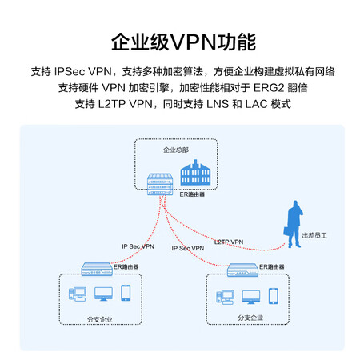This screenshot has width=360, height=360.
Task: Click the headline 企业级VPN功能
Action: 183,42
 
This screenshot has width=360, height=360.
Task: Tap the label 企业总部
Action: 176,150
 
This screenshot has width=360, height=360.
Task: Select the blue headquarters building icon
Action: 195,173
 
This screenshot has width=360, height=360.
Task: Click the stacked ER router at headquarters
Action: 160,184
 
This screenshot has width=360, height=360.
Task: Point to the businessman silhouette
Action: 294,224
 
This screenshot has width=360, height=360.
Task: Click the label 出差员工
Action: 314,235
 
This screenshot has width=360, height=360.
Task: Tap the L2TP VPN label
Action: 229,242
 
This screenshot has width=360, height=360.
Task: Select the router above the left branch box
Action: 97,269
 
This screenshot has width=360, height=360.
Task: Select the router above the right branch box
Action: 242,270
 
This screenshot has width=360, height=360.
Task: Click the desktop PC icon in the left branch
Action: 78,294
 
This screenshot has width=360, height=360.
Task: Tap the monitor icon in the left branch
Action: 103,294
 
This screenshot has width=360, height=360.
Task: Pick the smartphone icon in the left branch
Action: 126,293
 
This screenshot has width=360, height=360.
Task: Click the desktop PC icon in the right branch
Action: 225,298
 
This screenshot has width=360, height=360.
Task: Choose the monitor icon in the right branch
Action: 251,298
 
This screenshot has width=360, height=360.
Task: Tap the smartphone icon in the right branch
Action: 274,296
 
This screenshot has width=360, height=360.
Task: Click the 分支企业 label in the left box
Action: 100,319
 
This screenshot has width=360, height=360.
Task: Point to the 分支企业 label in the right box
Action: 250,318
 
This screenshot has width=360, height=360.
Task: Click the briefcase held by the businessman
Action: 287,231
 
